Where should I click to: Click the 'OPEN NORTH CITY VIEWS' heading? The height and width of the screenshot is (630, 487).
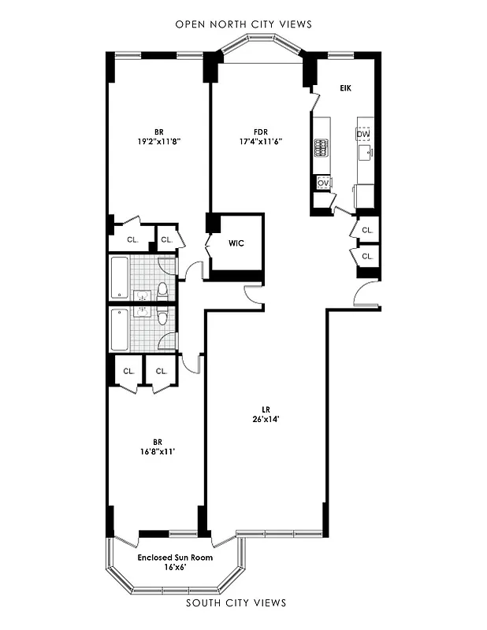[x=243, y=24]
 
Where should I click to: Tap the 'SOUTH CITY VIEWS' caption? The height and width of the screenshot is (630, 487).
[x=236, y=603]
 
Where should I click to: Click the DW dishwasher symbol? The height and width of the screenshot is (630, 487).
[x=363, y=135]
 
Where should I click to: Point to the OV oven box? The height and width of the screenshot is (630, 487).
[x=322, y=183]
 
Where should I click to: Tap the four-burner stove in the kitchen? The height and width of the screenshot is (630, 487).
[x=322, y=146]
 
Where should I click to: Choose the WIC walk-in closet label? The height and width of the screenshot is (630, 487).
[x=236, y=243]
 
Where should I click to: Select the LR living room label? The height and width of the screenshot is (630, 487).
[x=267, y=409]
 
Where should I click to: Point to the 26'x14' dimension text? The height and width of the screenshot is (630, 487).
[x=267, y=419]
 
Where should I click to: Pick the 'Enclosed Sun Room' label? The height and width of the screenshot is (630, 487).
[x=175, y=558]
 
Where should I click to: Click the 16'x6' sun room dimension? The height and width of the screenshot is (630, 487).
[x=175, y=567]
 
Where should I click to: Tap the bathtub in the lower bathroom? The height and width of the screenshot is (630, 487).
[x=119, y=330]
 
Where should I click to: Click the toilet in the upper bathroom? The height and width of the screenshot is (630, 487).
[x=163, y=291]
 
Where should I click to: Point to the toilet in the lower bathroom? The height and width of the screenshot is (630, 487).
[x=163, y=316]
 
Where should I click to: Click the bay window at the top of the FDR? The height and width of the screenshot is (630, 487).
[x=259, y=52]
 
